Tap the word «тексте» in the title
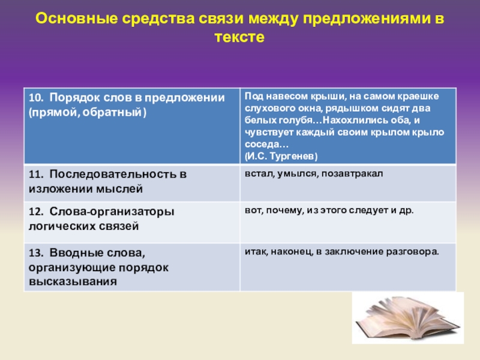coord(239,37)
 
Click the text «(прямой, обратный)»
coord(87,112)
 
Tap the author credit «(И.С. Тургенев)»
coord(281,156)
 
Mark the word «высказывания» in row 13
coord(72,280)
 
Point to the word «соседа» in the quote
coord(263,145)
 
